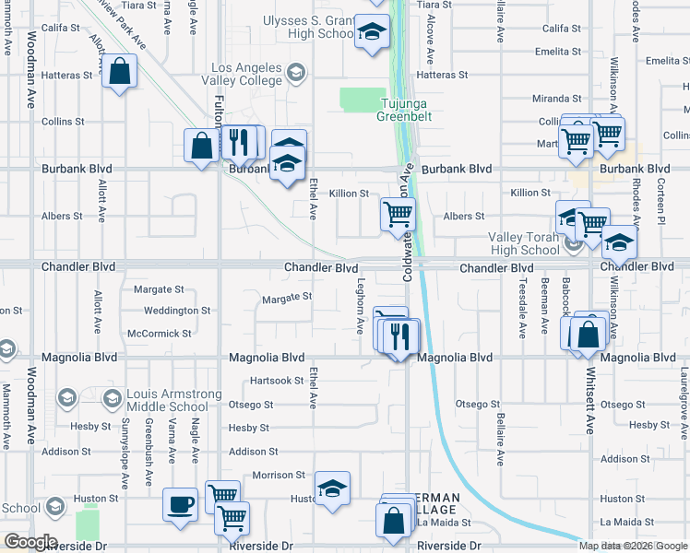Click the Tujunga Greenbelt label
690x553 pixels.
click(x=404, y=110)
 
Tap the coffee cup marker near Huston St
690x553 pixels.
click(x=181, y=504)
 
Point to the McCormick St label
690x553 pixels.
click(x=160, y=333)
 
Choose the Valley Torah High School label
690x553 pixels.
click(x=523, y=243)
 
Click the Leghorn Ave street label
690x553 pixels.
click(x=361, y=307)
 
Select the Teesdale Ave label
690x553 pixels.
click(x=522, y=310)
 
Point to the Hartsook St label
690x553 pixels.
click(x=276, y=381)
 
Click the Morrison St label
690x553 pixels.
click(x=280, y=475)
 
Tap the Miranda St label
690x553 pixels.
click(x=556, y=99)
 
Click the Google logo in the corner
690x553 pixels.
click(x=30, y=542)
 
